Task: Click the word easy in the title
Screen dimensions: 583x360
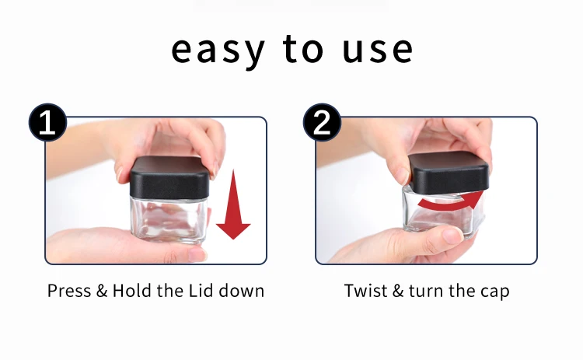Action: point(218,51)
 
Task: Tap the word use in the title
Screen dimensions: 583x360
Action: point(378,50)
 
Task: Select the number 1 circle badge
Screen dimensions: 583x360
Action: point(47,122)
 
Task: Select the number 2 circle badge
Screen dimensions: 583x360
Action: point(322,122)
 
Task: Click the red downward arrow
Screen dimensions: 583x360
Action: point(233,204)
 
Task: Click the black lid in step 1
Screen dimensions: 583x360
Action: point(169,177)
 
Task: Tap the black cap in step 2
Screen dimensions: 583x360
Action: point(449,173)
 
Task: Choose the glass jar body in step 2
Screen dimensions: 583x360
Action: point(442,212)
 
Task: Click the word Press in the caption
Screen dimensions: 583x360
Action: point(69,291)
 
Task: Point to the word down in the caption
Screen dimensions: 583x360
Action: point(242,291)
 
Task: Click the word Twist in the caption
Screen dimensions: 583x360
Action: point(366,291)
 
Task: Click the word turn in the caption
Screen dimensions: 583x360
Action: point(426,291)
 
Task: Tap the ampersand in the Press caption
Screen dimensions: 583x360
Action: point(102,291)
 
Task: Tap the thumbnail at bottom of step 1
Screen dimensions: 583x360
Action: point(197,254)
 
